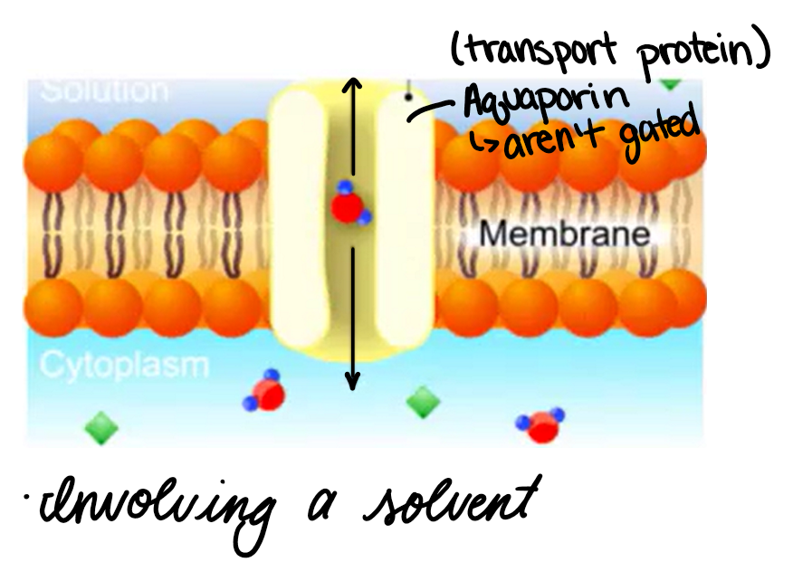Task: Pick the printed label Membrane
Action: [x=564, y=234]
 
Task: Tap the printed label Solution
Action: [x=105, y=90]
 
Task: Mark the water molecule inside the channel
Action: [x=348, y=205]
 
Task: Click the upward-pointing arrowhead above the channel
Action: [x=354, y=86]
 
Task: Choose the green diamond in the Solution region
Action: [x=670, y=82]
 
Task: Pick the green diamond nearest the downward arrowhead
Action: [x=422, y=402]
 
